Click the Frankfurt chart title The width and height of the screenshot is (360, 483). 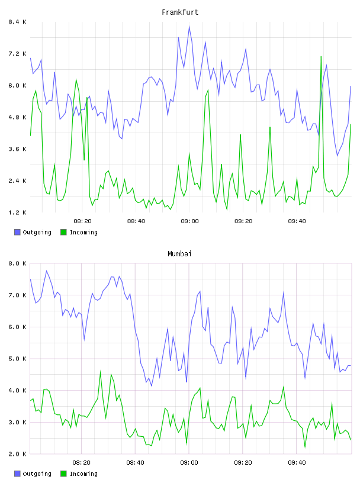(x=180, y=12)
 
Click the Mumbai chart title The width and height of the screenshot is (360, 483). (x=179, y=254)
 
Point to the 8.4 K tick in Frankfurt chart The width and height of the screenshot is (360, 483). (x=17, y=22)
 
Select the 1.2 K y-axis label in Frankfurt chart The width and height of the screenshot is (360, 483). (x=17, y=212)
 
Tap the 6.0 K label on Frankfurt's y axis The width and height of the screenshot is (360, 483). (x=17, y=86)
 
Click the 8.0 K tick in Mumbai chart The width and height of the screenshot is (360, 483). (x=17, y=263)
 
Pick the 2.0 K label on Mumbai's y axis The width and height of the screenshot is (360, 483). (x=17, y=454)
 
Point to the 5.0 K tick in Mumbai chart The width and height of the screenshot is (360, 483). (x=17, y=359)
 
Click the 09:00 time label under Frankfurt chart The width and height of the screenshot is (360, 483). (x=189, y=221)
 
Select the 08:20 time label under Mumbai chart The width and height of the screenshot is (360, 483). (x=81, y=463)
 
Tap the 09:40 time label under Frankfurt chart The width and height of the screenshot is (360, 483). (x=297, y=221)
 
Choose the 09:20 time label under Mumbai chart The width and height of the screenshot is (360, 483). (x=243, y=463)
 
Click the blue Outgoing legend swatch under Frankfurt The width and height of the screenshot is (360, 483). (x=17, y=232)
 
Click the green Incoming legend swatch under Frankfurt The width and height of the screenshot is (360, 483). (x=63, y=232)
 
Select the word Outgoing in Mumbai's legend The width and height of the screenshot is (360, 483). (x=37, y=474)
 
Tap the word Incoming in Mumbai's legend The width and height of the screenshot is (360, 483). (x=83, y=474)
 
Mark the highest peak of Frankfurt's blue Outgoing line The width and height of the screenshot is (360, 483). (x=189, y=27)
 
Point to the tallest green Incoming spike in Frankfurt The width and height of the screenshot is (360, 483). (x=321, y=57)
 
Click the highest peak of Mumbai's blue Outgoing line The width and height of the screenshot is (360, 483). (x=47, y=271)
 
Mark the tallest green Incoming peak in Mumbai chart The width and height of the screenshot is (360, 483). (x=100, y=372)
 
